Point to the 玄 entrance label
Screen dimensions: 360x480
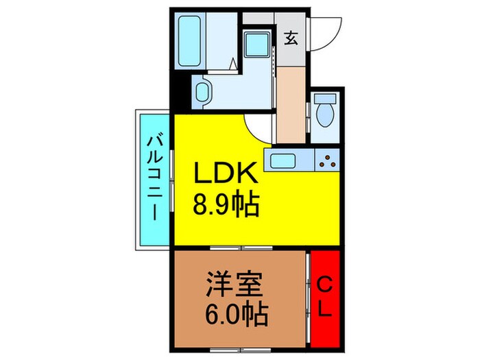(291, 38)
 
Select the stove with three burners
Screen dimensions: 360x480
(327, 163)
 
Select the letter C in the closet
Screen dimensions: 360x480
(325, 285)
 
